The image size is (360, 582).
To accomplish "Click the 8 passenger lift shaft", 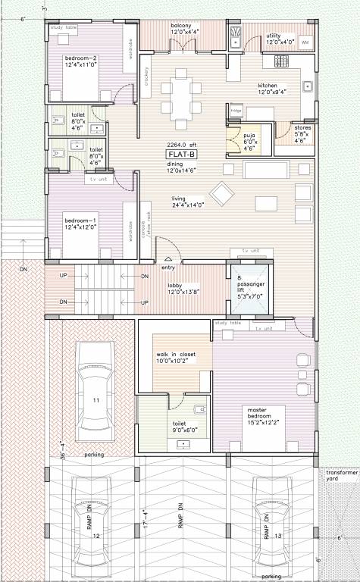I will coord(249,287).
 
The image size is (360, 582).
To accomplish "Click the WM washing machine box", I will coord(305,42).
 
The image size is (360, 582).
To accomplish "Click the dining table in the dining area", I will coord(182,95).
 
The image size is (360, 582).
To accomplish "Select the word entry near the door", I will coord(168,267).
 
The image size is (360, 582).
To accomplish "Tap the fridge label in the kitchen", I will coord(236,111).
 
